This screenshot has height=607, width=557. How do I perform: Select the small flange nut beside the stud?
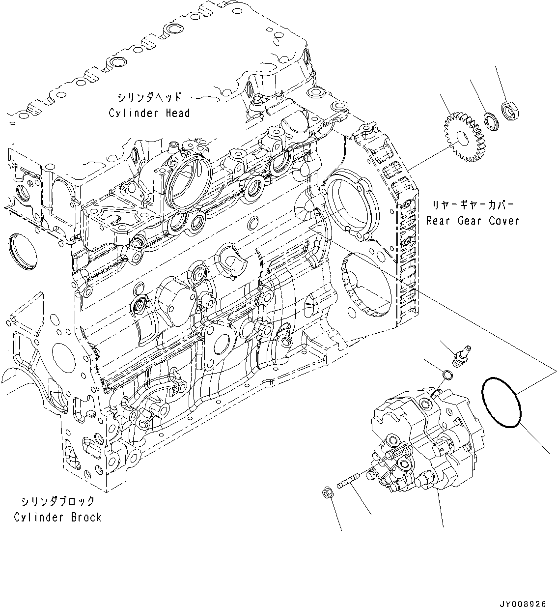[326, 493]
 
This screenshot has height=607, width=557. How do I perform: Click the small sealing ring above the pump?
[447, 376]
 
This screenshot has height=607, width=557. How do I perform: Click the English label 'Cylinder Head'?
[149, 114]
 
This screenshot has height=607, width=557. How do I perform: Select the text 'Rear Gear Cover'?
[473, 221]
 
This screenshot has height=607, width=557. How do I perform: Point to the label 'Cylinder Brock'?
[57, 517]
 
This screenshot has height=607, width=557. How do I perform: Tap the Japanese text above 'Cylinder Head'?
[149, 97]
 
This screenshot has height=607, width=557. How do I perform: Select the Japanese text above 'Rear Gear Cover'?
[473, 204]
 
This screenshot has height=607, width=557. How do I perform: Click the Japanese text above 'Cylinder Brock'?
[57, 501]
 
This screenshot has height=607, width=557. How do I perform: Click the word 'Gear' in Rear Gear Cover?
[470, 221]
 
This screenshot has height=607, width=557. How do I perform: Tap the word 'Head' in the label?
[177, 114]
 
